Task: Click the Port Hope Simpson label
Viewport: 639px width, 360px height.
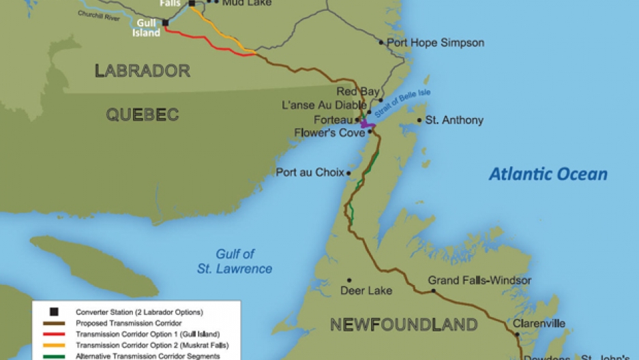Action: [435, 42]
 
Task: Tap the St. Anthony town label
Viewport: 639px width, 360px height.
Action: [454, 120]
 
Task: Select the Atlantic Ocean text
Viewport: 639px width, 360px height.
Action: [548, 174]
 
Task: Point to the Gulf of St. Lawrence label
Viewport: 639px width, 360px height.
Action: [243, 261]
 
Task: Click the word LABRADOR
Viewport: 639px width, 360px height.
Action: [142, 70]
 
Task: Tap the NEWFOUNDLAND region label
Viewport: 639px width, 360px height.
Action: [403, 324]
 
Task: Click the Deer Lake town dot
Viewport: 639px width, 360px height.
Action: [349, 280]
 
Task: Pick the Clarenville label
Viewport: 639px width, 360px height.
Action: [539, 323]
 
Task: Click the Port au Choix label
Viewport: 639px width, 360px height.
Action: [310, 172]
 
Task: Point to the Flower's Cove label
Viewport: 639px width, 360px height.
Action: [330, 132]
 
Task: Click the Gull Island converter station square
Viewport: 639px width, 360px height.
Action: [165, 22]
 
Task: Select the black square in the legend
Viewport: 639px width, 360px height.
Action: [55, 312]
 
